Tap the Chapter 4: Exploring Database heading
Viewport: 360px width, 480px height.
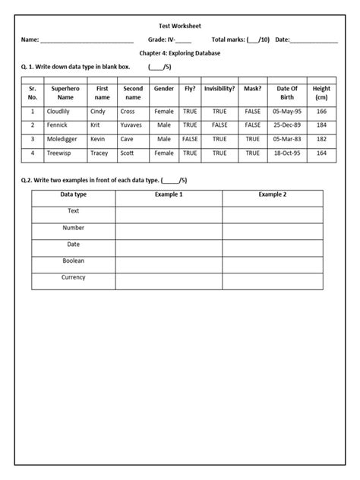180,53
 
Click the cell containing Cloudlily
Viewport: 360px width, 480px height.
58,112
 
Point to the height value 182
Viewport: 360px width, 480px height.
322,140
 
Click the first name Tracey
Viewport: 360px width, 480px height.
99,153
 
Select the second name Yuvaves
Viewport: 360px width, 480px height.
132,125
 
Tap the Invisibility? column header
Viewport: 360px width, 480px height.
219,89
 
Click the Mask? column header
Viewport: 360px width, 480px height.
252,89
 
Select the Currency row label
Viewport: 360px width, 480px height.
73,277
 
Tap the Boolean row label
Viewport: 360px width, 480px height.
73,261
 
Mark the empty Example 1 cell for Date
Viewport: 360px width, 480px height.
169,245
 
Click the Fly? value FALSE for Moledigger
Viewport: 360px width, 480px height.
190,140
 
